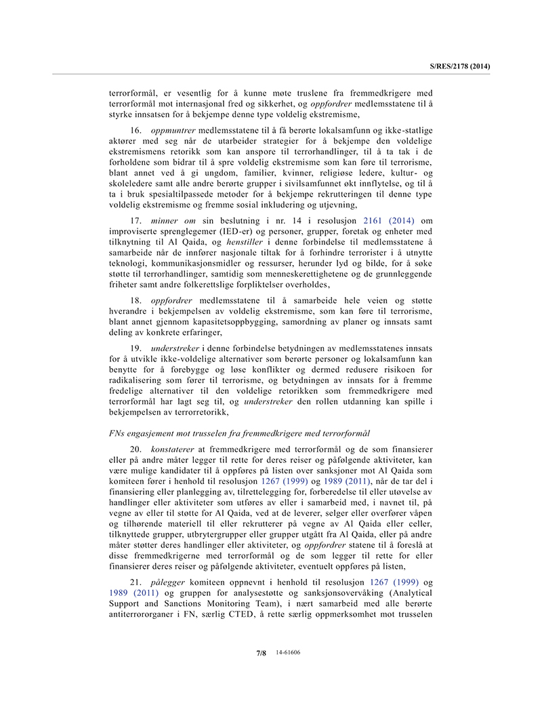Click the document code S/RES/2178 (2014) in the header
[x=459, y=66]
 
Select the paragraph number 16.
[x=137, y=129]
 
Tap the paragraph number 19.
[x=137, y=348]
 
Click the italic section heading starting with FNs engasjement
[x=239, y=433]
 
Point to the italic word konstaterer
[x=175, y=449]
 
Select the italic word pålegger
[x=170, y=582]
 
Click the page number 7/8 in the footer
[x=261, y=653]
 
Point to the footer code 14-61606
[x=288, y=652]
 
